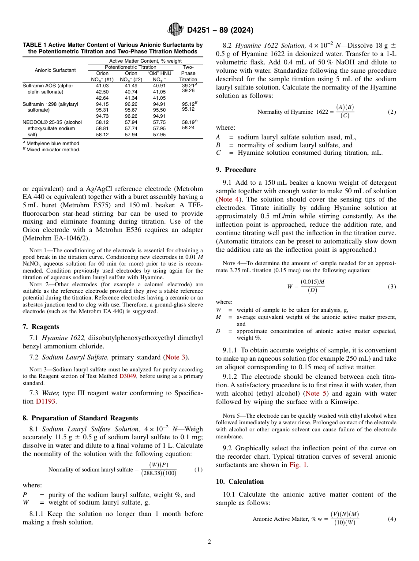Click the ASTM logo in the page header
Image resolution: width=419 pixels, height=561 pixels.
point(176,30)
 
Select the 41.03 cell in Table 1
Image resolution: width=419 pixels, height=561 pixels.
point(102,86)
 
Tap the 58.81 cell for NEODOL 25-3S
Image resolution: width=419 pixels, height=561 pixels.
point(102,128)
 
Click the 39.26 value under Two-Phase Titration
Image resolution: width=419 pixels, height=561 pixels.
point(188,90)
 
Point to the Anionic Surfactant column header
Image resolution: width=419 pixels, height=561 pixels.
point(55,70)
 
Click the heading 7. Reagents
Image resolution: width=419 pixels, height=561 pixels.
point(41,327)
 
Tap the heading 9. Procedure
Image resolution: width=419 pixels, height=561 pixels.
point(236,170)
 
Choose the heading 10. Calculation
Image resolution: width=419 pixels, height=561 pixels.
point(240,482)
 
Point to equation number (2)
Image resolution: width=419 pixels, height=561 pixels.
point(392,112)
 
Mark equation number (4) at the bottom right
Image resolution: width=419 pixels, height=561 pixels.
point(392,519)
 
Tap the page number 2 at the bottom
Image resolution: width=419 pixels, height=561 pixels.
point(209,542)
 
